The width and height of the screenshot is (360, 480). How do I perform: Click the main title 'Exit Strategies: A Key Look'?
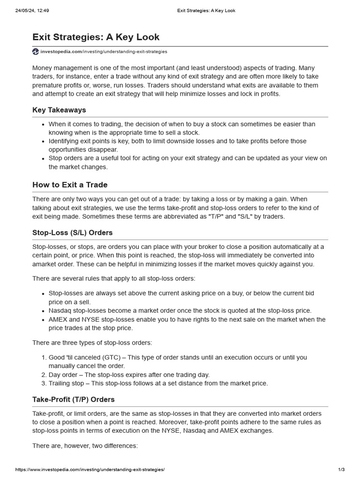coord(96,37)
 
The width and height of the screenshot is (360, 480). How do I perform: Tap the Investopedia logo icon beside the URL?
coord(36,52)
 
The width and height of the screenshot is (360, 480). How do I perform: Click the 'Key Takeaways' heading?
coord(59,110)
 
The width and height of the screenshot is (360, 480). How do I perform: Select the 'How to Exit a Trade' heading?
coord(70,185)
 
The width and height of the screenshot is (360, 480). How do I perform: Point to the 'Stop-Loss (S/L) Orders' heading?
coord(72,232)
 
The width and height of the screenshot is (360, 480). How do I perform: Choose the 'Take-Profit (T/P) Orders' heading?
coord(73,399)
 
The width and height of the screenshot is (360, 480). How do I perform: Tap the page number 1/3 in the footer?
coord(341,470)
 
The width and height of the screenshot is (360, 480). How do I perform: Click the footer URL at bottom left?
coord(90,470)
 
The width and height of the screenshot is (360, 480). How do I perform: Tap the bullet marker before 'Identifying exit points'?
coord(43,141)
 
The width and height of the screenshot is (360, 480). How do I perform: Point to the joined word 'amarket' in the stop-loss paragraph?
coord(45,264)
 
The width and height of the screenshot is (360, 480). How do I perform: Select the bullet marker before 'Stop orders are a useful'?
coord(43,158)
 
